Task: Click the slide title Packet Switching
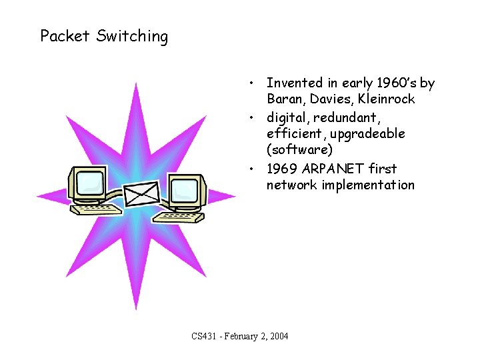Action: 104,36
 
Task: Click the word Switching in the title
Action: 132,37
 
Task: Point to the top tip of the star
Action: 136,85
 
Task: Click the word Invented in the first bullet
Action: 295,83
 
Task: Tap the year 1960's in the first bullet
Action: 393,83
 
